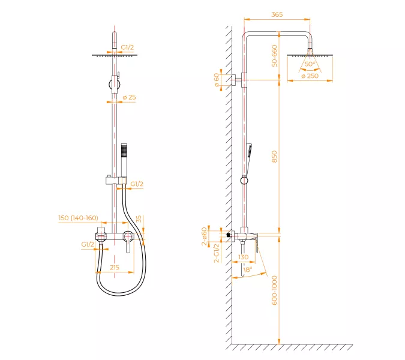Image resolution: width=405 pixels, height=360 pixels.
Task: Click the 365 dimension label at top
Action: point(277,14)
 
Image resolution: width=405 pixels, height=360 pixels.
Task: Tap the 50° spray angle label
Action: point(310,64)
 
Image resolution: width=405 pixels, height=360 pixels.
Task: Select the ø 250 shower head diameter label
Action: point(310,76)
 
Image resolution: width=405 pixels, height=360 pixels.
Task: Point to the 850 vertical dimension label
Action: point(274,157)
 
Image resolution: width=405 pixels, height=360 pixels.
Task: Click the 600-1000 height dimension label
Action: point(274,290)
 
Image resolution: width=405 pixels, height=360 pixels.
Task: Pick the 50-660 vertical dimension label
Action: point(274,56)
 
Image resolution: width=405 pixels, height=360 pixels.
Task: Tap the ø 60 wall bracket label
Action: point(217,80)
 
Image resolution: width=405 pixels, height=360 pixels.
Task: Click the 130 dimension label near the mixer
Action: point(244,257)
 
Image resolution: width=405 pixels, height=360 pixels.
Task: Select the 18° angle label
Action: point(247,269)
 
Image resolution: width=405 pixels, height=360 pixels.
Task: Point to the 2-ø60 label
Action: point(205,236)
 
